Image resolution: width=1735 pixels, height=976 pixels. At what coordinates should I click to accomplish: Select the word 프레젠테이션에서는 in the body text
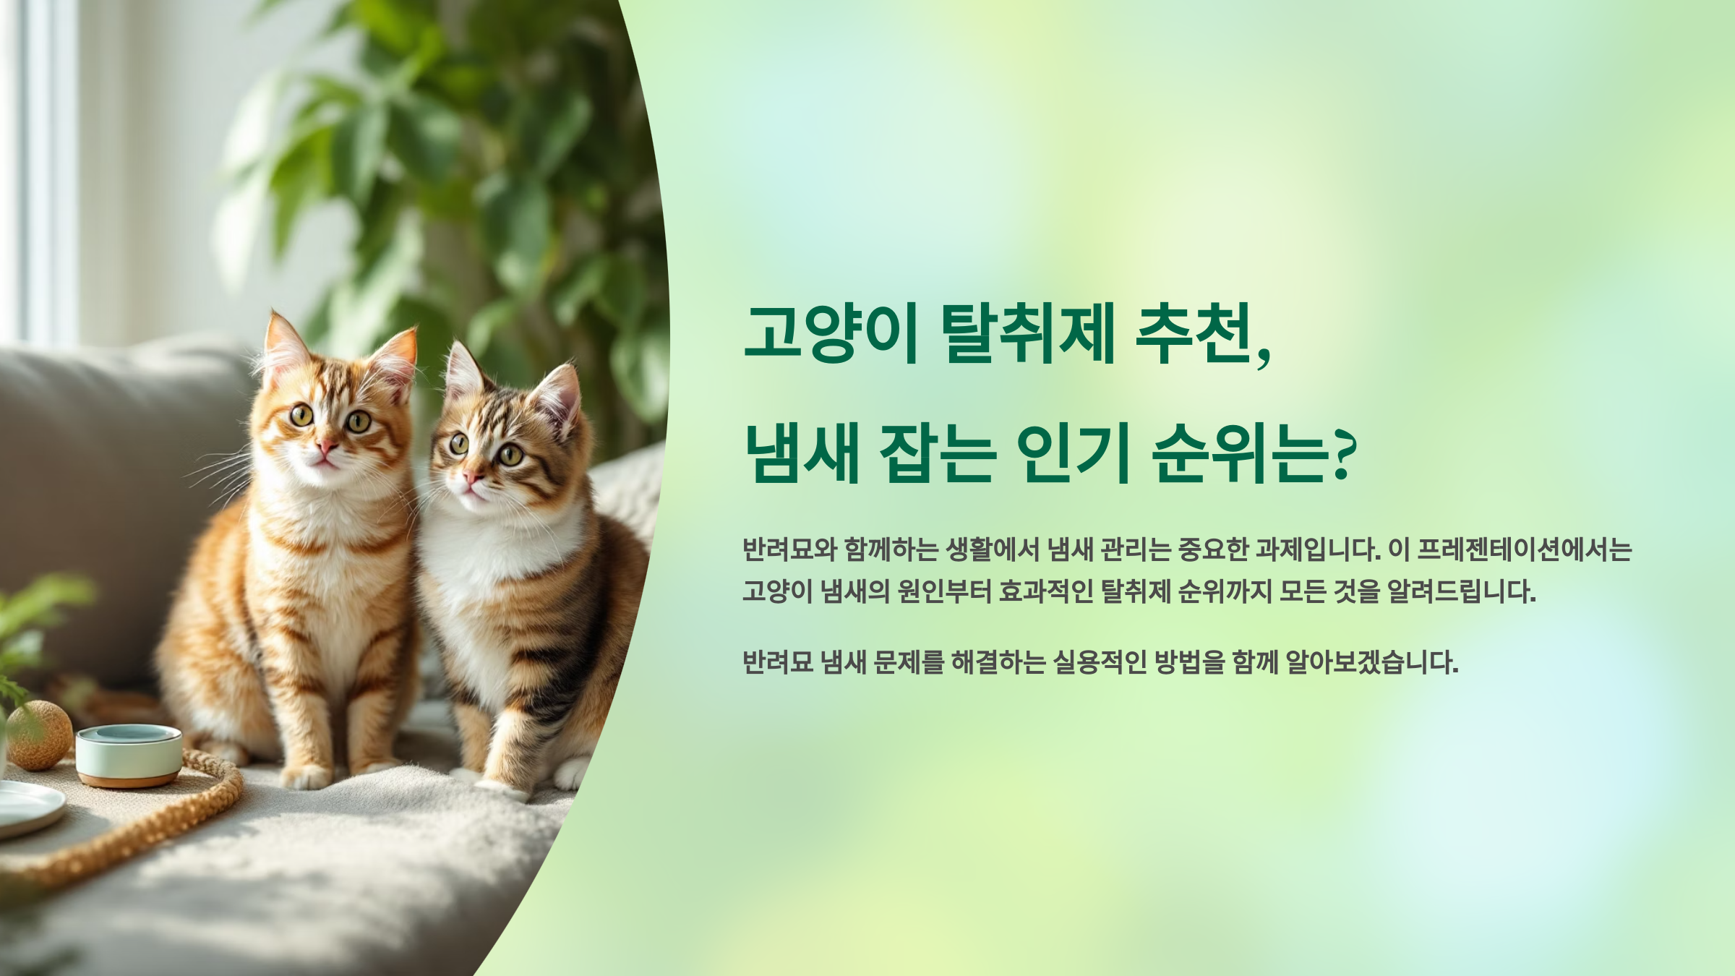click(x=1524, y=550)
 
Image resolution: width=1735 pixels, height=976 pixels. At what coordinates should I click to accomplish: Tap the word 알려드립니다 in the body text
click(x=1460, y=591)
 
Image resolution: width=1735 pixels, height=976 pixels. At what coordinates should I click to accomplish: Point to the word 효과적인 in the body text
click(x=1045, y=591)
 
